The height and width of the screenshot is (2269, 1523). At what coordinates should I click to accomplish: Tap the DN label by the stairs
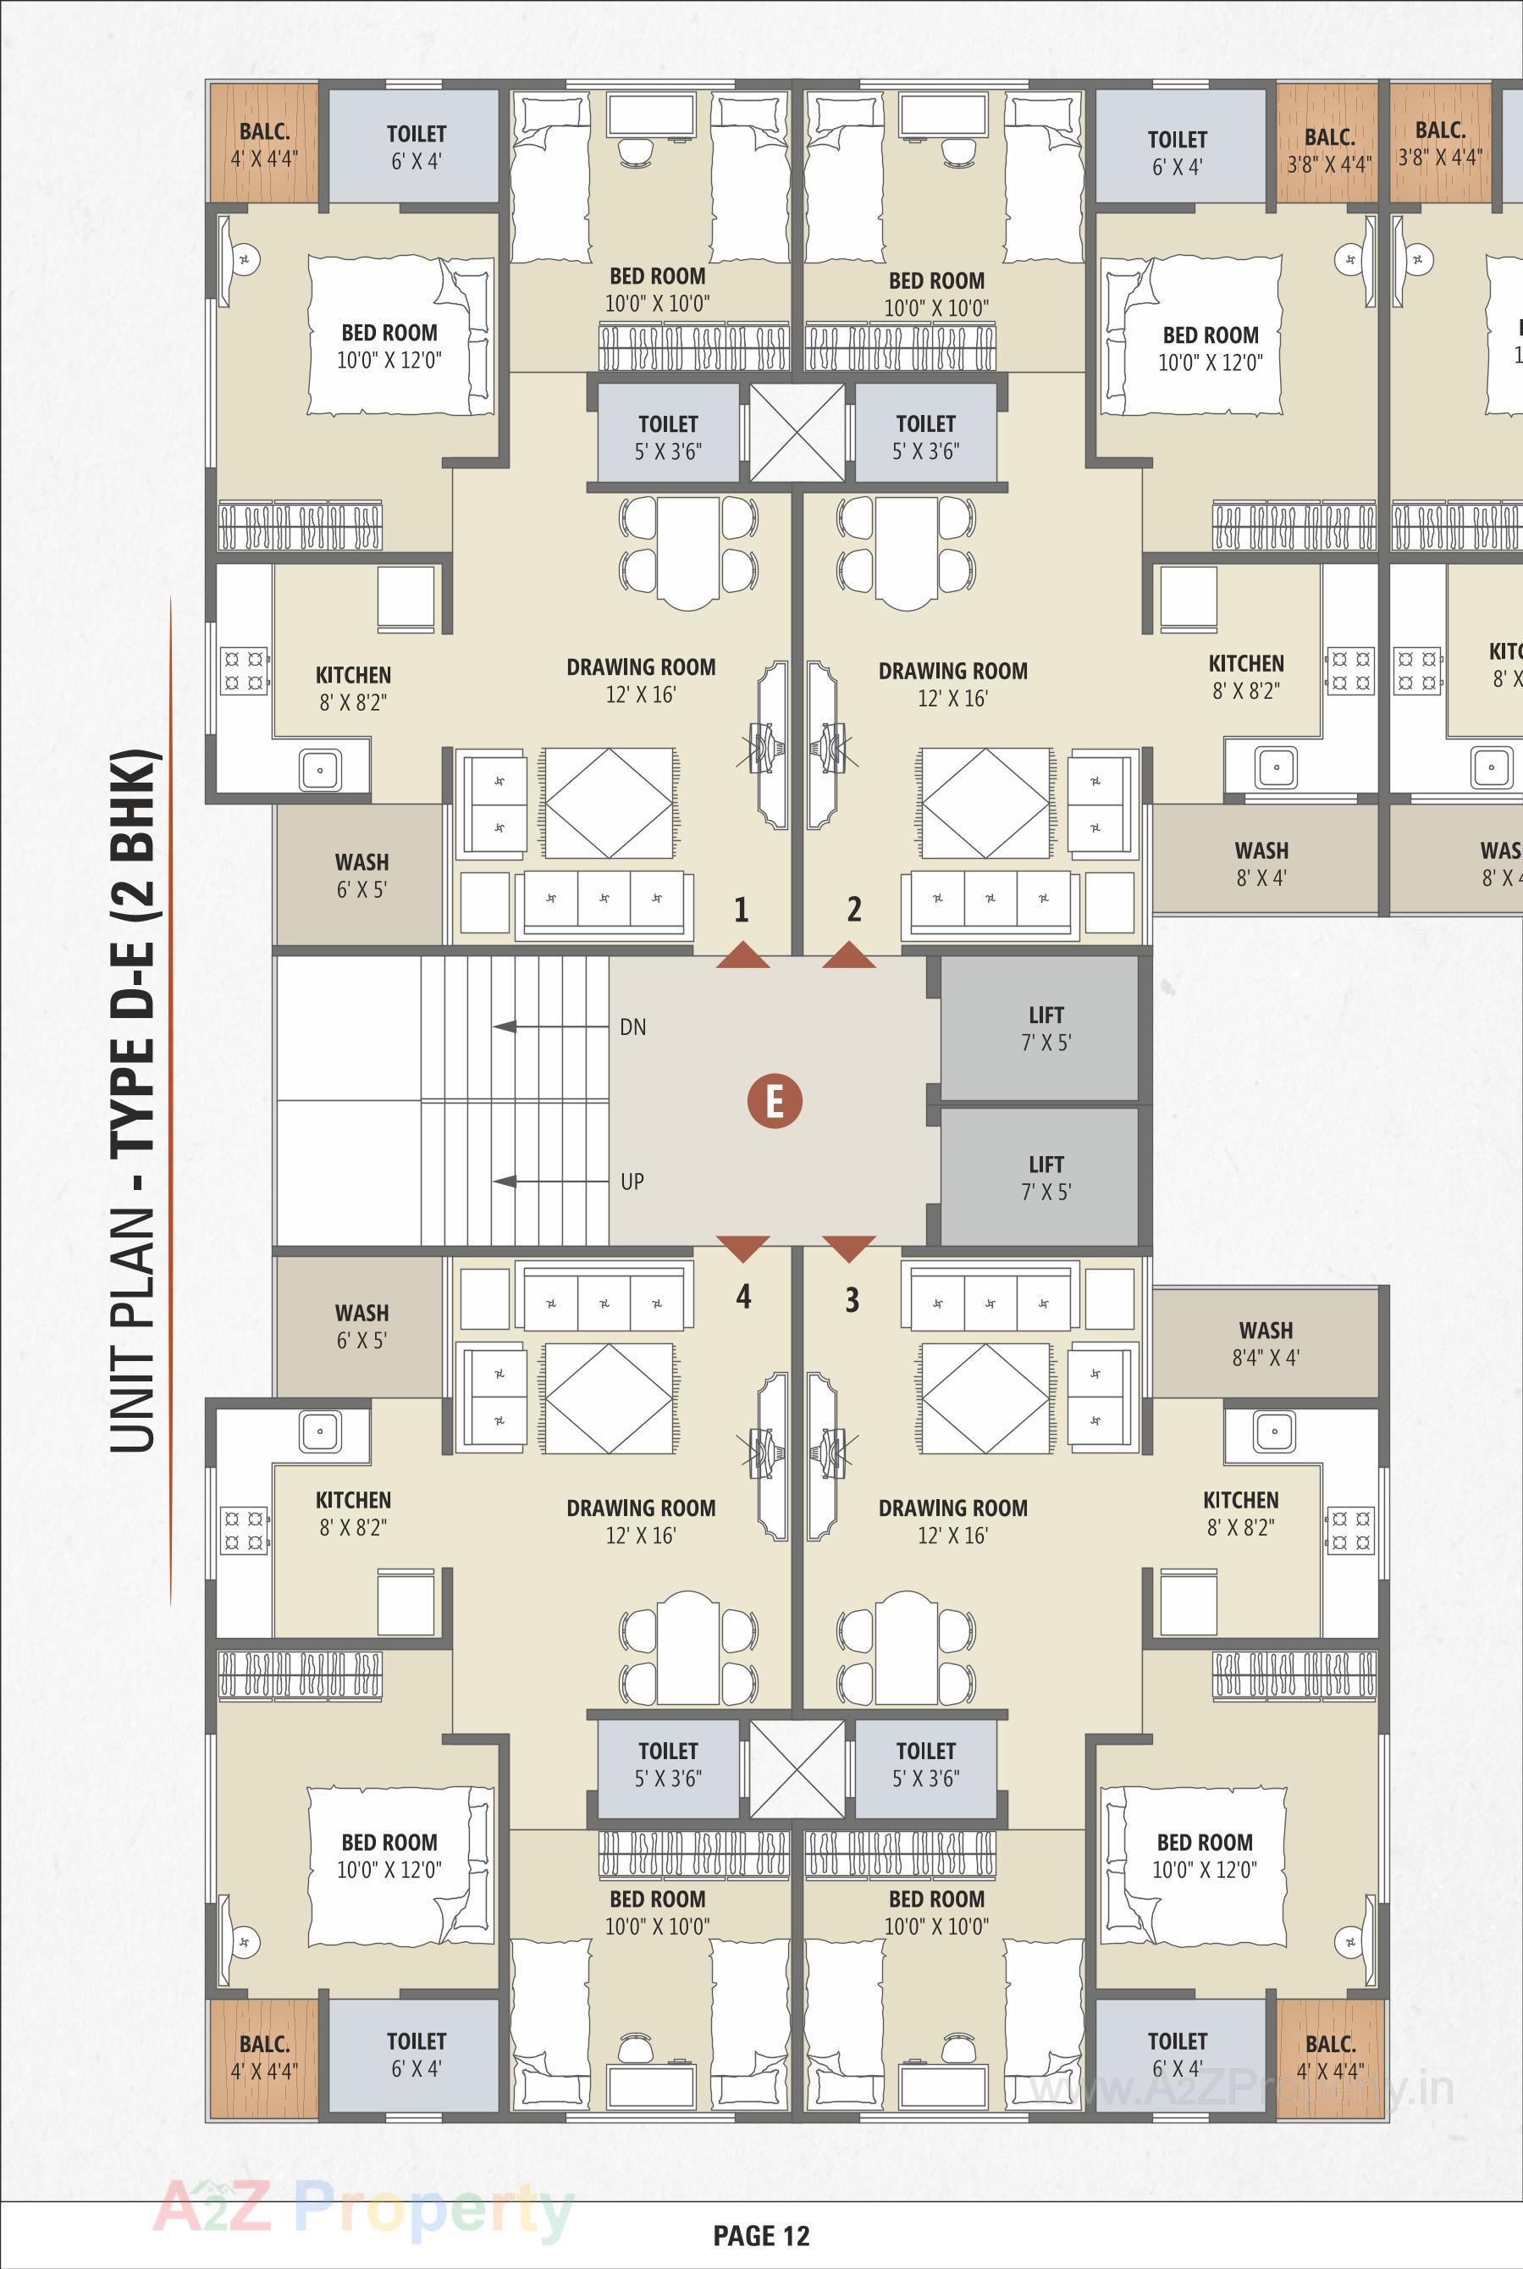[632, 1027]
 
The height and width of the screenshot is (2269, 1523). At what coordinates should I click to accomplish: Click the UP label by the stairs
[632, 1182]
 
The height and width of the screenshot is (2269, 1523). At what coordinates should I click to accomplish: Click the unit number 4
[743, 1297]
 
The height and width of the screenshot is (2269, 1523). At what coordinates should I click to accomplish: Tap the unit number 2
[853, 910]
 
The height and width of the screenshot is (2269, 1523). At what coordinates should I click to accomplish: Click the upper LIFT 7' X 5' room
[1040, 1028]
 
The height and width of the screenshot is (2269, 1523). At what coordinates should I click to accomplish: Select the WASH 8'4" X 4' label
[1266, 1343]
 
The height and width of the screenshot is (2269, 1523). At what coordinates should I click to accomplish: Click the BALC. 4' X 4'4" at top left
[263, 144]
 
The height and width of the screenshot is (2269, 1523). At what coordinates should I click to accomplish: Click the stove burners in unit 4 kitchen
[245, 1530]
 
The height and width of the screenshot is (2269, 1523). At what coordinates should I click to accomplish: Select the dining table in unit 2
[905, 551]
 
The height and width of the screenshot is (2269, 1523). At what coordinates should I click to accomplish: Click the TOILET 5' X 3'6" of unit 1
[668, 435]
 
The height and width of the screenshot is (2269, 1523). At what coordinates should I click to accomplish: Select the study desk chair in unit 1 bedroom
[637, 150]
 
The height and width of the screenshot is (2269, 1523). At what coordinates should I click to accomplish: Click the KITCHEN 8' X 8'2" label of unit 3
[1240, 1513]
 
